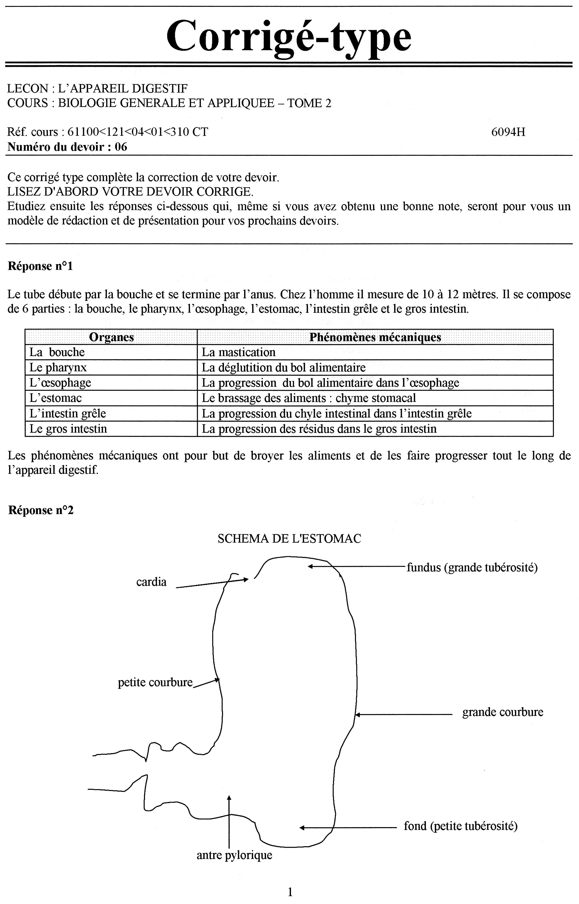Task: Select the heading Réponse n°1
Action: click(x=40, y=266)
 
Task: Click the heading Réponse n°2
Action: click(x=41, y=510)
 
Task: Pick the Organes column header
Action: click(x=111, y=337)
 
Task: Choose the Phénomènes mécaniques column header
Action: click(x=375, y=337)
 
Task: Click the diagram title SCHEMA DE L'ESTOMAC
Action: click(x=289, y=539)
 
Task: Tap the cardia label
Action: click(x=151, y=582)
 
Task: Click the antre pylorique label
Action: click(x=234, y=855)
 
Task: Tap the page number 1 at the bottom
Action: click(x=290, y=892)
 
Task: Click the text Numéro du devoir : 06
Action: click(x=67, y=147)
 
